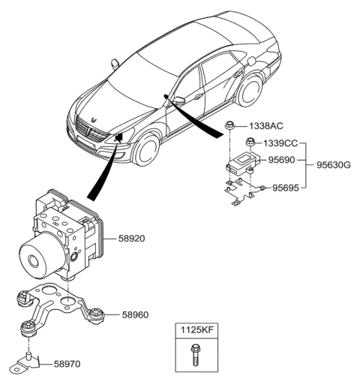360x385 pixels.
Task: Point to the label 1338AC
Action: [265, 128]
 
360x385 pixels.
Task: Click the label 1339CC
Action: [280, 143]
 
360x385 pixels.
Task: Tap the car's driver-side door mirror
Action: [178, 101]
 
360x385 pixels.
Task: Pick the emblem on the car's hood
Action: [94, 119]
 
